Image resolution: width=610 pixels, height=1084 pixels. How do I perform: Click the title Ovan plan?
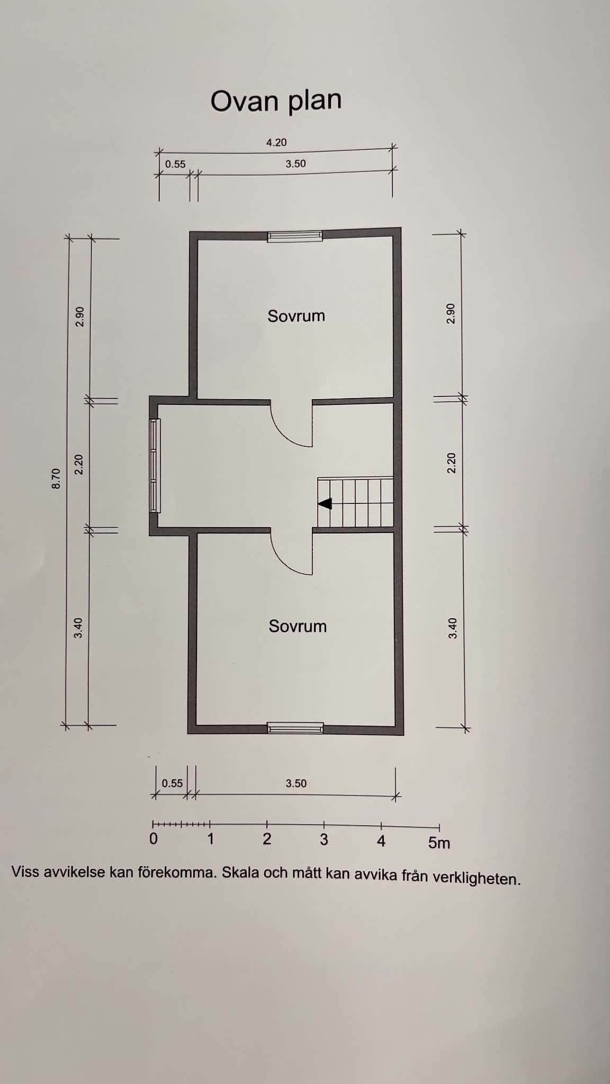276,101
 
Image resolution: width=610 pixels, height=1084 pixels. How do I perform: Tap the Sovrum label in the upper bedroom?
296,316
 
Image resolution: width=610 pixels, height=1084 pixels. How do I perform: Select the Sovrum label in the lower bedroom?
298,626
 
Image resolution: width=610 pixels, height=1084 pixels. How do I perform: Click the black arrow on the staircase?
325,504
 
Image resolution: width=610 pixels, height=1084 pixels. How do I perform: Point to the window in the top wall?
295,236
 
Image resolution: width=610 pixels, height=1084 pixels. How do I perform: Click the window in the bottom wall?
295,728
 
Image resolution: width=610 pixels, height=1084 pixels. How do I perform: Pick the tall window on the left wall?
155,466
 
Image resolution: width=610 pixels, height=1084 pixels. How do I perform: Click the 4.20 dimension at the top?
276,142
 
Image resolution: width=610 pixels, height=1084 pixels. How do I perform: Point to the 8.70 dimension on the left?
56,478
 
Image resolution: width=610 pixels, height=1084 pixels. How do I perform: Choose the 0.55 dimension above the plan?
175,164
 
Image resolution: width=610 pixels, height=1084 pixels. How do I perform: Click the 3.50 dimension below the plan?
296,783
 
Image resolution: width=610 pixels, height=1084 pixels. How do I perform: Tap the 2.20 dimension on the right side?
451,463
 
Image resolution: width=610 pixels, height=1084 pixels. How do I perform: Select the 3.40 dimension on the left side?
78,628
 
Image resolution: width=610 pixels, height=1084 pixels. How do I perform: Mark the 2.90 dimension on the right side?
451,314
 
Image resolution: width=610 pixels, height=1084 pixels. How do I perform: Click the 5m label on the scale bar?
439,843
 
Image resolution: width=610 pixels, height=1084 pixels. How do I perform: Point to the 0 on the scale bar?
154,839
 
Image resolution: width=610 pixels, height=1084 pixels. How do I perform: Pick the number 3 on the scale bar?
324,839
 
